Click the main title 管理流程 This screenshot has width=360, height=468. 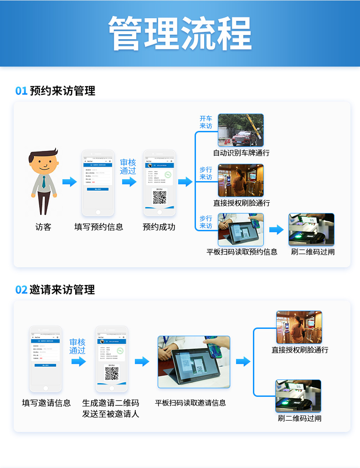coord(180,33)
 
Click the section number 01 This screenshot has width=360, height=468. coord(21,91)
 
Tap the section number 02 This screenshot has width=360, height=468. coord(21,290)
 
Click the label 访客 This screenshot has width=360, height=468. coord(43,227)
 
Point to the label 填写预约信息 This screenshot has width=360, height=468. coord(98,227)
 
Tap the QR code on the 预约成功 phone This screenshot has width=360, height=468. coord(159,198)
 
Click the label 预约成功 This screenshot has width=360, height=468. coord(159,227)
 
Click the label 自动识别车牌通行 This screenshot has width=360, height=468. coord(241,153)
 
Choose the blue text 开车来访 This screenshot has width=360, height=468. coord(206,122)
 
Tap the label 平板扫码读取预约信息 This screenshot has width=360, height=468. coord(242,252)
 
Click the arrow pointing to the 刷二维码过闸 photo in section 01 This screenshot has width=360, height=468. coord(276,229)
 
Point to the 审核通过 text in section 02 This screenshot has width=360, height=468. coord(77,346)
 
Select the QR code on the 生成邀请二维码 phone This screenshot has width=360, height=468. coord(112,374)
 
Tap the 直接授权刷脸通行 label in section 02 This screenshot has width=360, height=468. coord(300,350)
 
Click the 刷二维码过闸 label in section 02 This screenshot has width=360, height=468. coord(299,418)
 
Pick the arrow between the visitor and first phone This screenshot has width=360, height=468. coord(69,182)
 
